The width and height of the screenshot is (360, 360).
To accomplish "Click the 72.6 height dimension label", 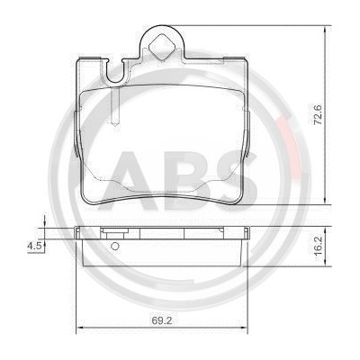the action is (x=319, y=115).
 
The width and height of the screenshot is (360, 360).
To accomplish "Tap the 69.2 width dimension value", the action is (x=162, y=320).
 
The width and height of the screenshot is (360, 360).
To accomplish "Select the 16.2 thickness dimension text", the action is (x=319, y=246).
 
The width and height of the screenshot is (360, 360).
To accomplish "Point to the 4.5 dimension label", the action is (x=34, y=246).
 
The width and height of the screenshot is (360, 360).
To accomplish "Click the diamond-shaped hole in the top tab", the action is (x=162, y=47).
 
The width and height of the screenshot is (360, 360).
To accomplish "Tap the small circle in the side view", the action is (x=115, y=247).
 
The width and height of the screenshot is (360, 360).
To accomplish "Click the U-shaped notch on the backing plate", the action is (x=115, y=71).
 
